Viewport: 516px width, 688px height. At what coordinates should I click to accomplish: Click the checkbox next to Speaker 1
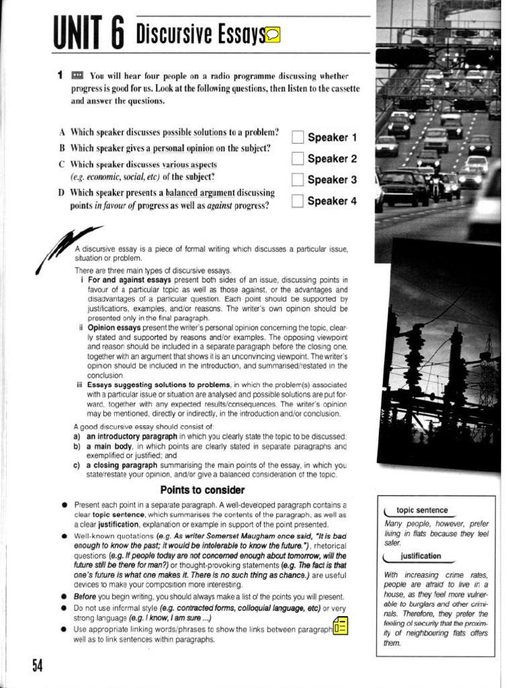coord(298,138)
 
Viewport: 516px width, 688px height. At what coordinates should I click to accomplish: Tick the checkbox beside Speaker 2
coord(298,159)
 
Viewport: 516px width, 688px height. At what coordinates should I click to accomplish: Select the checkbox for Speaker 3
coord(298,179)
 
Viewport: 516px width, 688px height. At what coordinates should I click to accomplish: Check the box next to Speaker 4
coord(298,200)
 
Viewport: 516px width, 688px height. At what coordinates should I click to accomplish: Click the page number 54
coord(37,665)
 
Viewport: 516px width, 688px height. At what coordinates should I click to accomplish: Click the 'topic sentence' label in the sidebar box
coord(421,511)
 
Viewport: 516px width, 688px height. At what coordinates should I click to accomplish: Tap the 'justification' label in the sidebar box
coord(421,556)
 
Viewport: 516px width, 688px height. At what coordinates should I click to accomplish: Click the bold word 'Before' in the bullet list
coord(85,597)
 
